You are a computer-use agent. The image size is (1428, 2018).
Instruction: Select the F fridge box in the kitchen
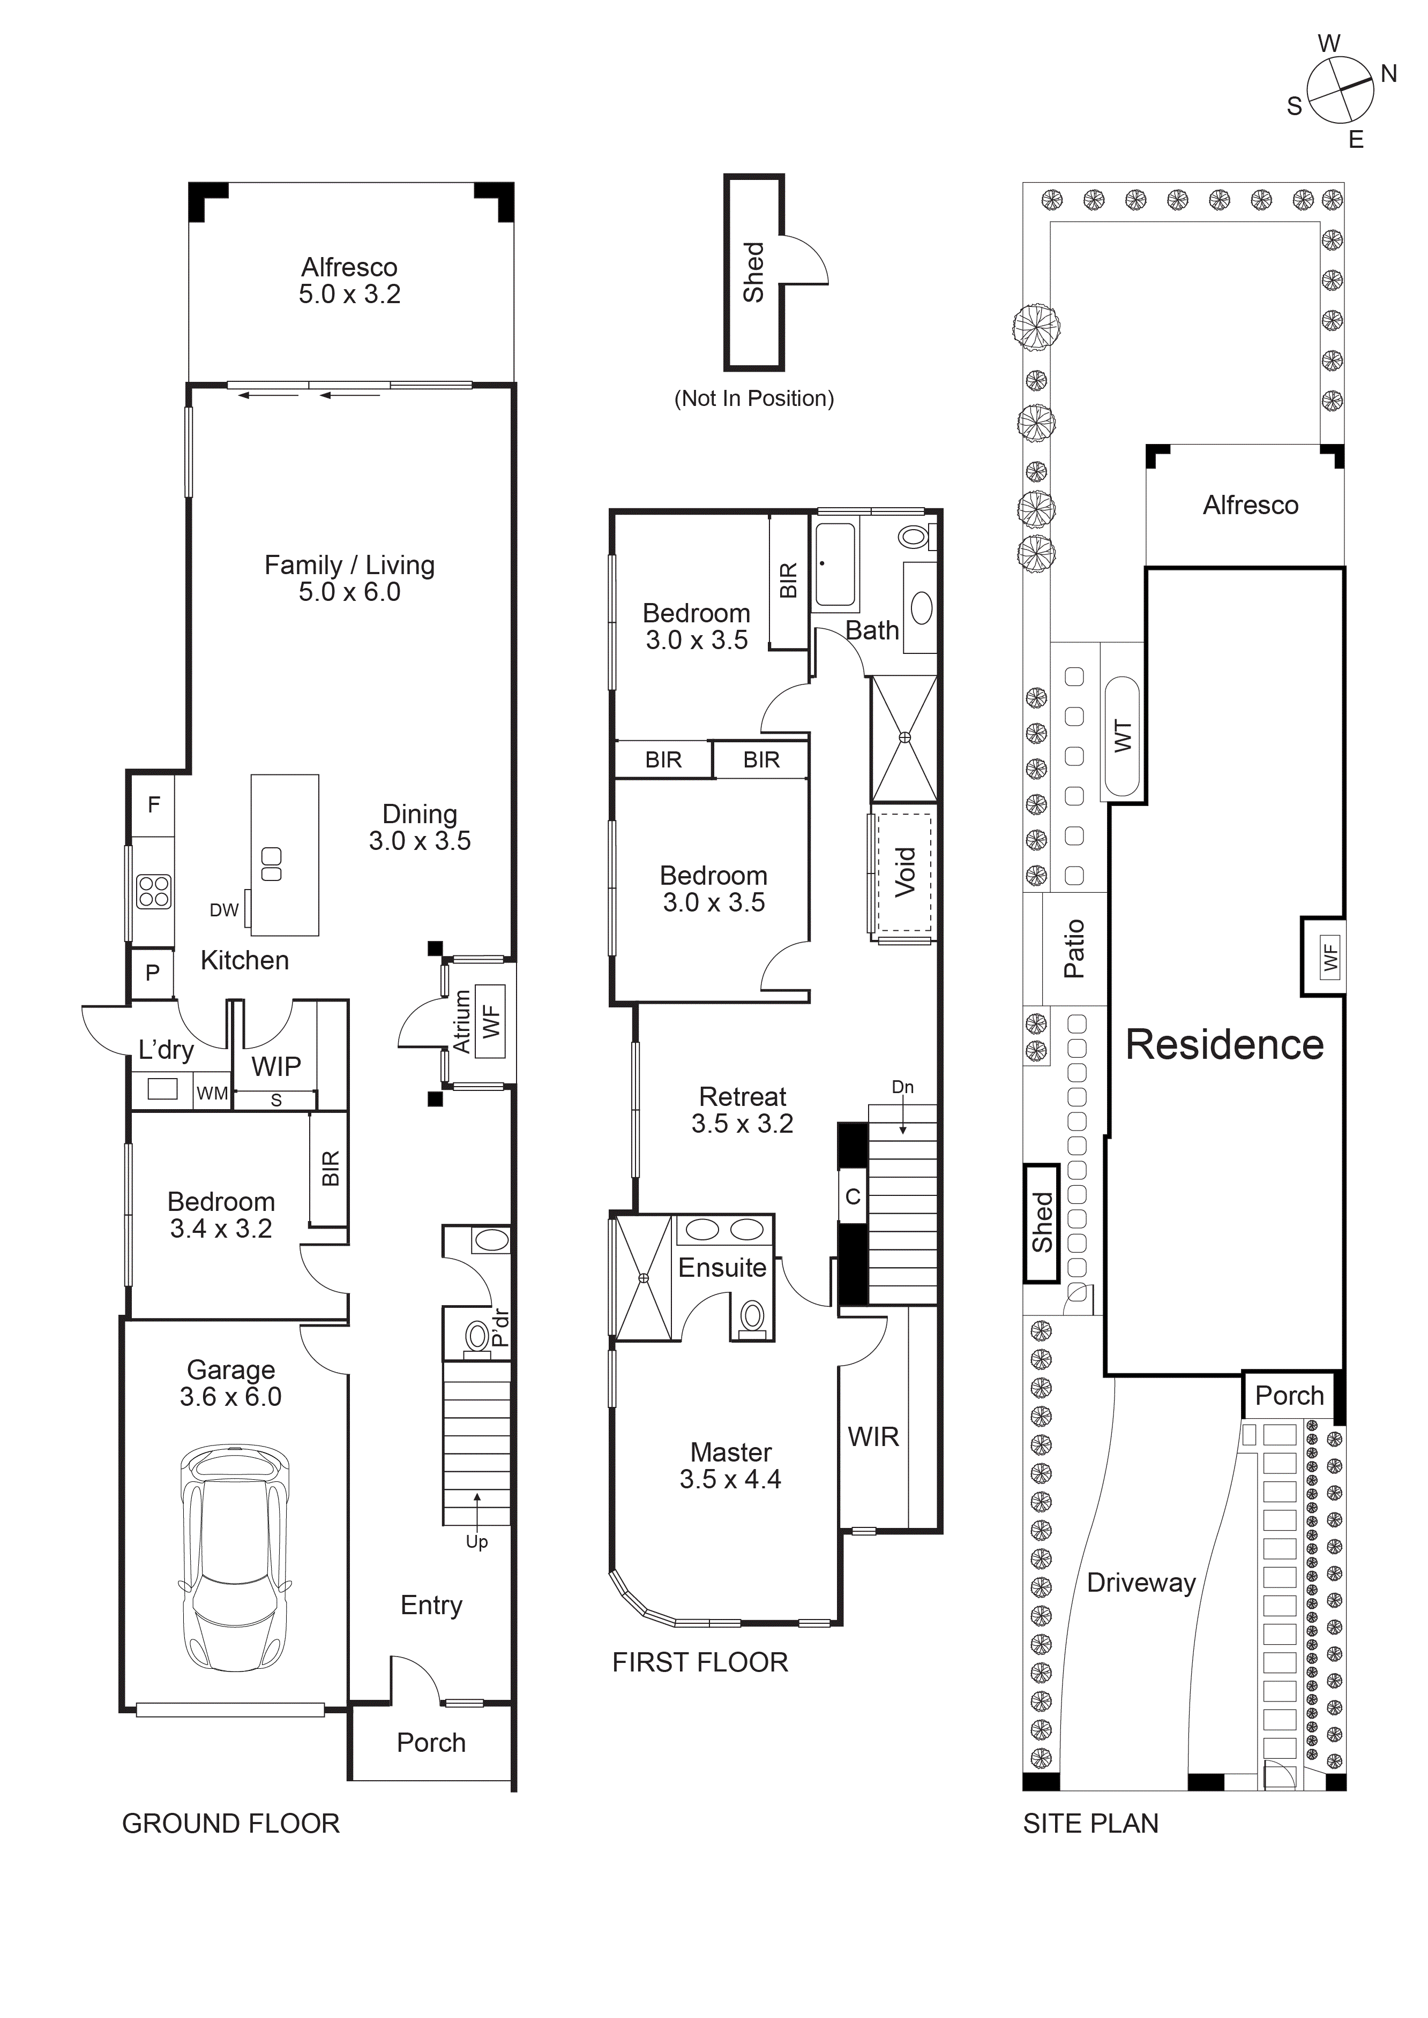(x=153, y=804)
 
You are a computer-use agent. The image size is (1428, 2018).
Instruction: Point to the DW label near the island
(x=223, y=910)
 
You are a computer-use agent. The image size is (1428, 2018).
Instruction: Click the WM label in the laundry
(x=211, y=1094)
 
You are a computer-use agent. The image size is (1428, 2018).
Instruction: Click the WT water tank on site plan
(x=1122, y=736)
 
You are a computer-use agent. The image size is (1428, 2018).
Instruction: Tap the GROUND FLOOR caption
(x=230, y=1824)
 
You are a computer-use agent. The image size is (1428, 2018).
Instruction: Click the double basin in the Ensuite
(x=724, y=1228)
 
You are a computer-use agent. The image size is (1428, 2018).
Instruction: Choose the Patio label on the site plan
(x=1074, y=949)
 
